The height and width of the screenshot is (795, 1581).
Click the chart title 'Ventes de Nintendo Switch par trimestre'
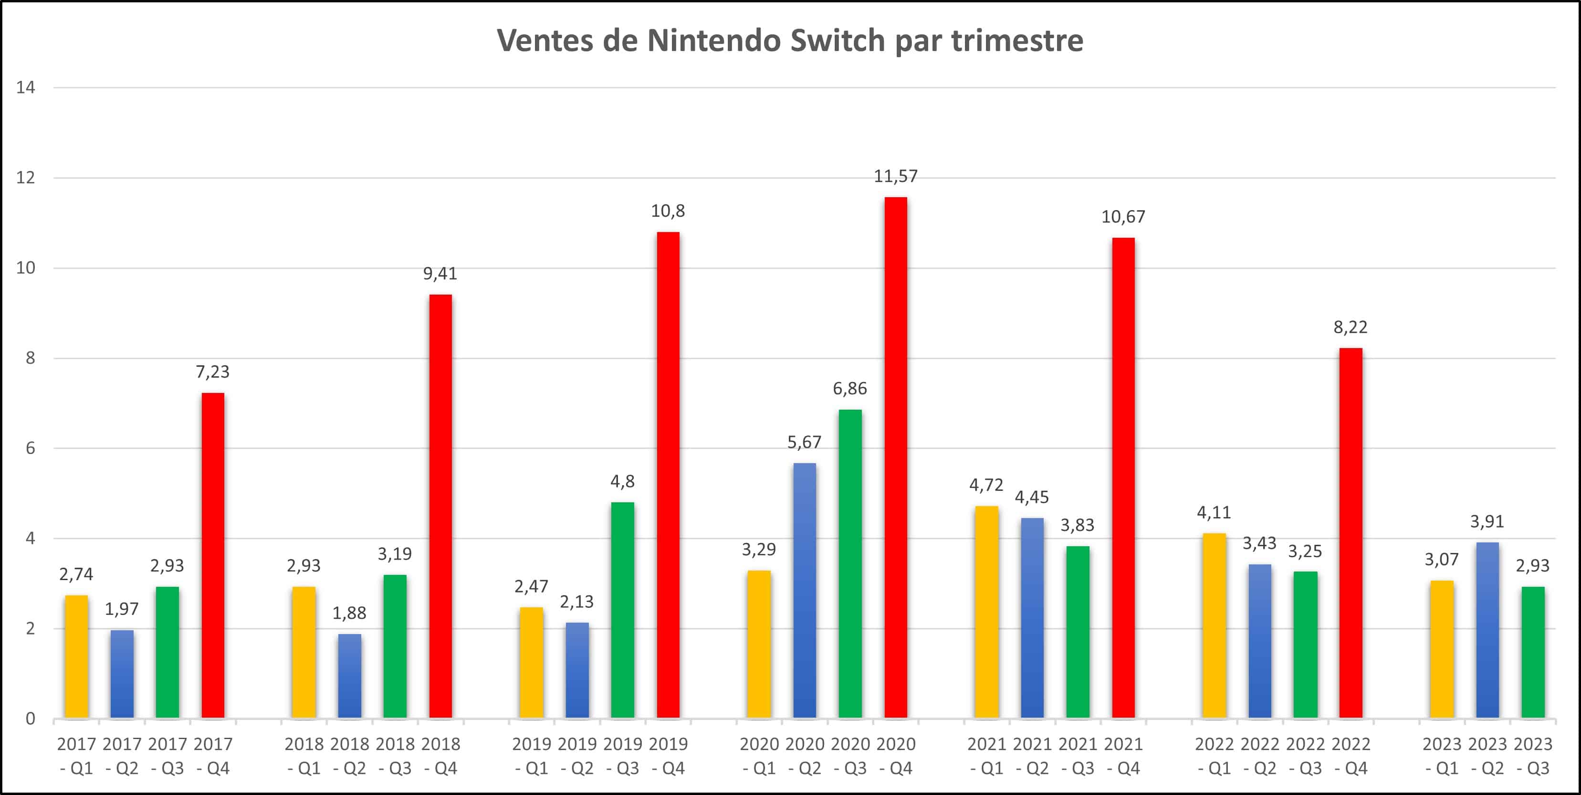(x=790, y=41)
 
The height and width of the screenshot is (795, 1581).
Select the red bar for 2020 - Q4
(x=895, y=457)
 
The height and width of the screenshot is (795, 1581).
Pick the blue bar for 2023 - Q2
(x=1487, y=630)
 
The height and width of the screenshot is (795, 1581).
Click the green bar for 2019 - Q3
(x=622, y=610)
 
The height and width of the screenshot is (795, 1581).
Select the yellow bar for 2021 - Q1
(x=986, y=612)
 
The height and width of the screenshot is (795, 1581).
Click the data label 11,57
(x=895, y=177)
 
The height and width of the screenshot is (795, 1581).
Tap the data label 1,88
(x=349, y=613)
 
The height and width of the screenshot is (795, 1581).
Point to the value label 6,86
(x=849, y=389)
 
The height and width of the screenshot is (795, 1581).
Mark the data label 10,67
(x=1123, y=217)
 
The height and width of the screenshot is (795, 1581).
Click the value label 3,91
(x=1487, y=522)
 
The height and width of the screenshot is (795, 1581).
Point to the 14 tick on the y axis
(x=26, y=88)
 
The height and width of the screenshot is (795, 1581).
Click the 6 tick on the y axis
(x=30, y=448)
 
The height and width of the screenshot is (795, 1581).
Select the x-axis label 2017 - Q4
(x=213, y=756)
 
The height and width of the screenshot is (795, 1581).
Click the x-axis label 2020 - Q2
(x=805, y=756)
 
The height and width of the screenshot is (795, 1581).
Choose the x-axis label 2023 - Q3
(x=1532, y=756)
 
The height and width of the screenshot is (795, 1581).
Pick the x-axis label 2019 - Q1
(x=532, y=756)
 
